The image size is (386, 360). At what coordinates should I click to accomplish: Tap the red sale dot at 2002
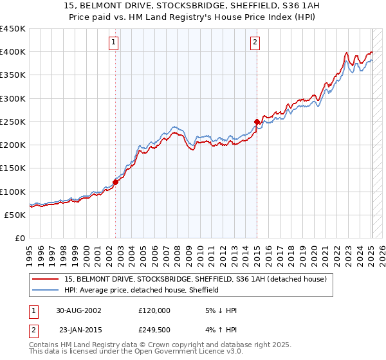click(116, 182)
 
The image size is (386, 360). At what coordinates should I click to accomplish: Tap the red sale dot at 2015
click(257, 122)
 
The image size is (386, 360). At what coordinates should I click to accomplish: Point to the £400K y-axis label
click(13, 52)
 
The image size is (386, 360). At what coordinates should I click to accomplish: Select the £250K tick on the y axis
click(13, 122)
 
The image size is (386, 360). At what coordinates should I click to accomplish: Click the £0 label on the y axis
click(19, 239)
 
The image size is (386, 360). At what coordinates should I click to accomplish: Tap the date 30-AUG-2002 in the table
click(78, 310)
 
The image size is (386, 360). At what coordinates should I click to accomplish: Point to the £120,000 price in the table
click(154, 310)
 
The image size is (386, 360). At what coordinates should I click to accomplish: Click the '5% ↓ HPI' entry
click(220, 310)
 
